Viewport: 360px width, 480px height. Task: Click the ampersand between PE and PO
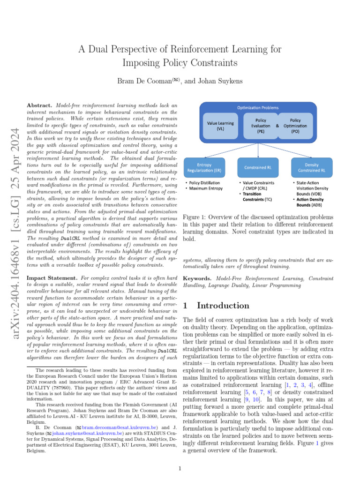[277, 126]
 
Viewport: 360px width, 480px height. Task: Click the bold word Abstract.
[40, 106]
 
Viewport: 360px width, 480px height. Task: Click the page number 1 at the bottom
[180, 468]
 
